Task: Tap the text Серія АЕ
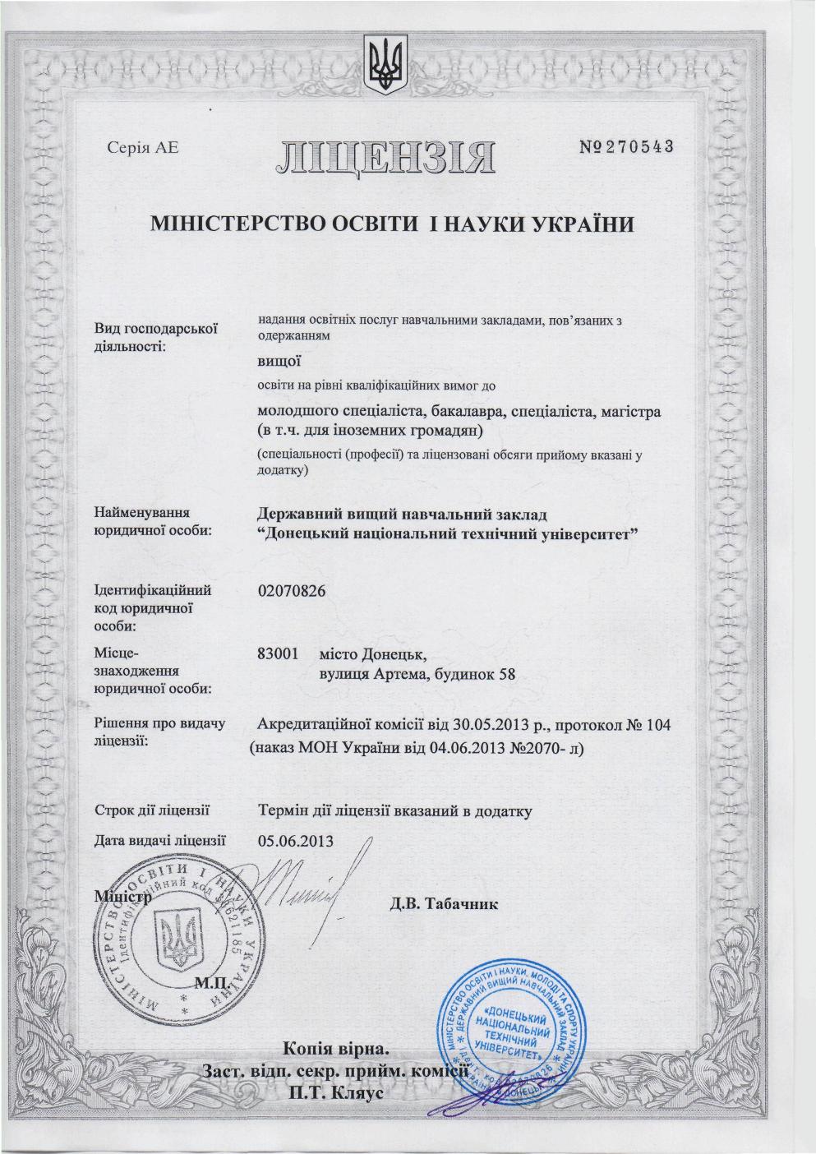click(x=143, y=148)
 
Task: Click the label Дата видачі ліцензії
click(x=160, y=840)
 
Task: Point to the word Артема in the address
click(x=402, y=676)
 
